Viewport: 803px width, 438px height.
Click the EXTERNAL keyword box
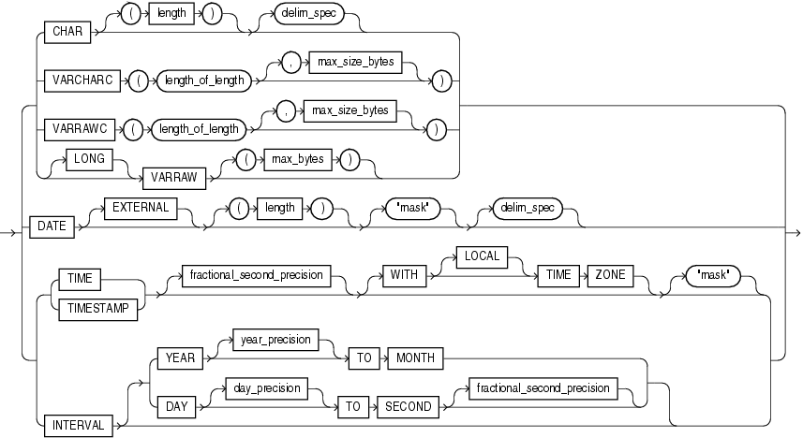(140, 208)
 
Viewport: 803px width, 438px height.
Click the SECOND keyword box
(409, 406)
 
